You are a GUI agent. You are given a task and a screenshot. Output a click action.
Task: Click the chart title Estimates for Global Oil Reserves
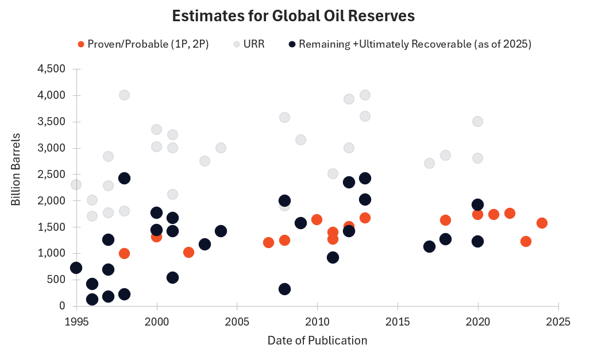point(294,17)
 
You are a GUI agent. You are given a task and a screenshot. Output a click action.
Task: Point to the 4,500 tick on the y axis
point(51,69)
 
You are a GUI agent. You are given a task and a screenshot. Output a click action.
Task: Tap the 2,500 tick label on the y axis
point(51,175)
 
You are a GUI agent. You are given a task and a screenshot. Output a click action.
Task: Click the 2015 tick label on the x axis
point(398,322)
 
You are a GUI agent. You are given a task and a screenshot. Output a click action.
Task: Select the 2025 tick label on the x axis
point(558,322)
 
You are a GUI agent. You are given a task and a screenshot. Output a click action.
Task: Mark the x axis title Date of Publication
point(317,340)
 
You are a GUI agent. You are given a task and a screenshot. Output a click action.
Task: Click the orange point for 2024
point(542,223)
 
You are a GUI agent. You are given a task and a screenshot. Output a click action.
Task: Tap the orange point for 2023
point(526,241)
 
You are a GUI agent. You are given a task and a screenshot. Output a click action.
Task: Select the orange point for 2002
point(188,252)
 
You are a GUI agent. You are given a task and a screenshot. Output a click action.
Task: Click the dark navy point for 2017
point(429,246)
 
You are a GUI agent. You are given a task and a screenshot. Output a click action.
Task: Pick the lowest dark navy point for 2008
point(284,289)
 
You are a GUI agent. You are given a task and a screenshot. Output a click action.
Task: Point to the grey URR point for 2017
point(429,163)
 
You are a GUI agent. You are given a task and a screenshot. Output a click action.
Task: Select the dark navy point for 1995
point(76,268)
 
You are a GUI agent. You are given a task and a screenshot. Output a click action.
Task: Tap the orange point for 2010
point(317,219)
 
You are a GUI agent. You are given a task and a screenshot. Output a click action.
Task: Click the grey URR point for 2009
point(300,140)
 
